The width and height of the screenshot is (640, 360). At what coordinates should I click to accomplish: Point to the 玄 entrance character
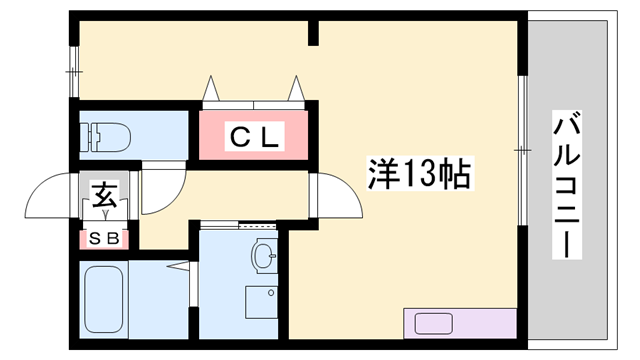tap(105, 195)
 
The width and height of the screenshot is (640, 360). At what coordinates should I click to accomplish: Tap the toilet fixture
tap(105, 134)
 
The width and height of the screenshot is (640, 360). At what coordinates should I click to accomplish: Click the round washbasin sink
tap(264, 257)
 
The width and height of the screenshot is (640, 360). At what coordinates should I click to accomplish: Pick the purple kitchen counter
tap(460, 324)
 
